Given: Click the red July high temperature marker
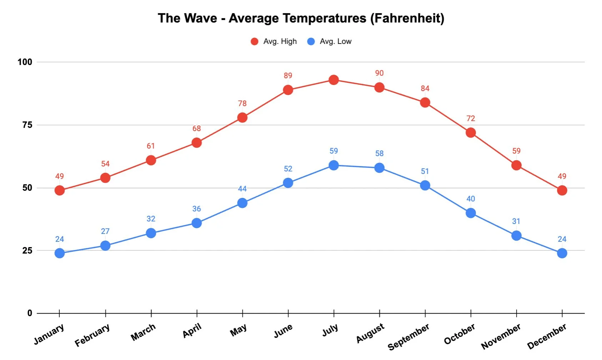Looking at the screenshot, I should [x=333, y=80].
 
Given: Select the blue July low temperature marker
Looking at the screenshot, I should [x=333, y=165].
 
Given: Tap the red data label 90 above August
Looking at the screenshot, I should [x=379, y=73].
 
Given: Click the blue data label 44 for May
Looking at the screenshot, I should [x=242, y=189].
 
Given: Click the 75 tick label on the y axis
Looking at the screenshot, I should [x=27, y=125].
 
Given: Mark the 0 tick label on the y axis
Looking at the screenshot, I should [x=30, y=313].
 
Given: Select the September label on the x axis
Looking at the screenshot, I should [x=408, y=337].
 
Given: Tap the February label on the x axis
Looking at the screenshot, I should [x=92, y=335].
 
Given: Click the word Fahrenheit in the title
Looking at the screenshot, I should [x=407, y=18].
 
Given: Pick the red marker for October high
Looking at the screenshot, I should [x=471, y=133].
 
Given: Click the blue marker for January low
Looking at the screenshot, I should [x=60, y=253].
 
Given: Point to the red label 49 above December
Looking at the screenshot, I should [x=562, y=176].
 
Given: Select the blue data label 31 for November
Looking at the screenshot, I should [x=516, y=221].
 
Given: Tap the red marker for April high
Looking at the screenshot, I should [x=196, y=143].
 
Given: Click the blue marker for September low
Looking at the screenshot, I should [x=425, y=185].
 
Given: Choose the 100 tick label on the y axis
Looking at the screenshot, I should [x=25, y=62].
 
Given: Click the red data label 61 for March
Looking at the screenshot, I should [x=151, y=146].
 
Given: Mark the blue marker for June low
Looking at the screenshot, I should [x=288, y=183].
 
